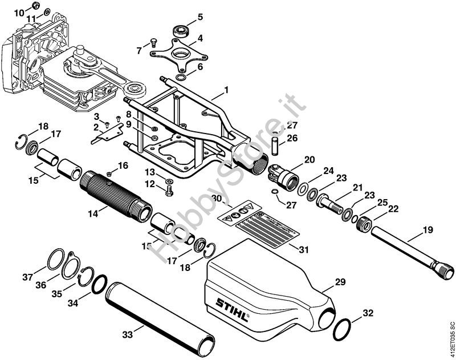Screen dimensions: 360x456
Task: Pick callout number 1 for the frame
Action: pyautogui.click(x=226, y=90)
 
